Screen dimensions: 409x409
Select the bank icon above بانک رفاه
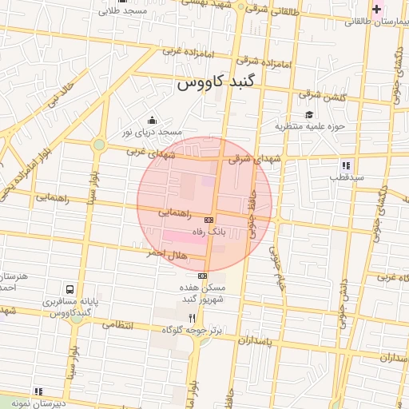[209, 218]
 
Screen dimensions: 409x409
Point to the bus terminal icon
[71, 289]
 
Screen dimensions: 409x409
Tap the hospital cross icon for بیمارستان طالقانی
[376, 9]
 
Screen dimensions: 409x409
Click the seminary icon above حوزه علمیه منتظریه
[308, 114]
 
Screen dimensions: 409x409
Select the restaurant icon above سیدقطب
[345, 165]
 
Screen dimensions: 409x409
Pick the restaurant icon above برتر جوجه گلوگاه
[191, 317]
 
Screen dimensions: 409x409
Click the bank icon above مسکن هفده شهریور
[201, 276]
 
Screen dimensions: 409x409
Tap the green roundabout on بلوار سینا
[98, 145]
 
